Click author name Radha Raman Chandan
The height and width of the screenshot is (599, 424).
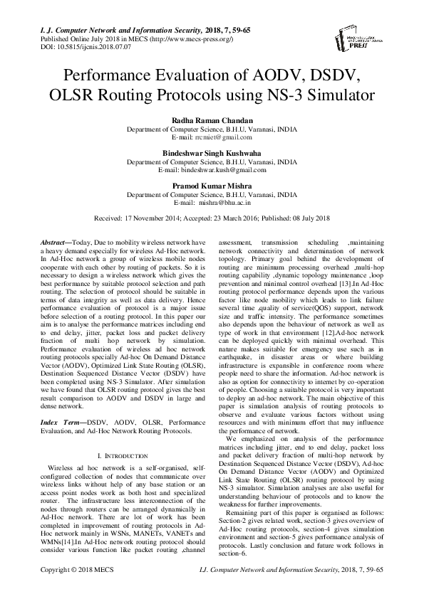tap(212, 122)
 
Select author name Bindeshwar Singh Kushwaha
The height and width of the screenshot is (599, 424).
tap(212, 154)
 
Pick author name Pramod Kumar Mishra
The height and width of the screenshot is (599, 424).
tap(212, 186)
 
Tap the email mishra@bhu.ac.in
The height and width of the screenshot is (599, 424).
tap(227, 202)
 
